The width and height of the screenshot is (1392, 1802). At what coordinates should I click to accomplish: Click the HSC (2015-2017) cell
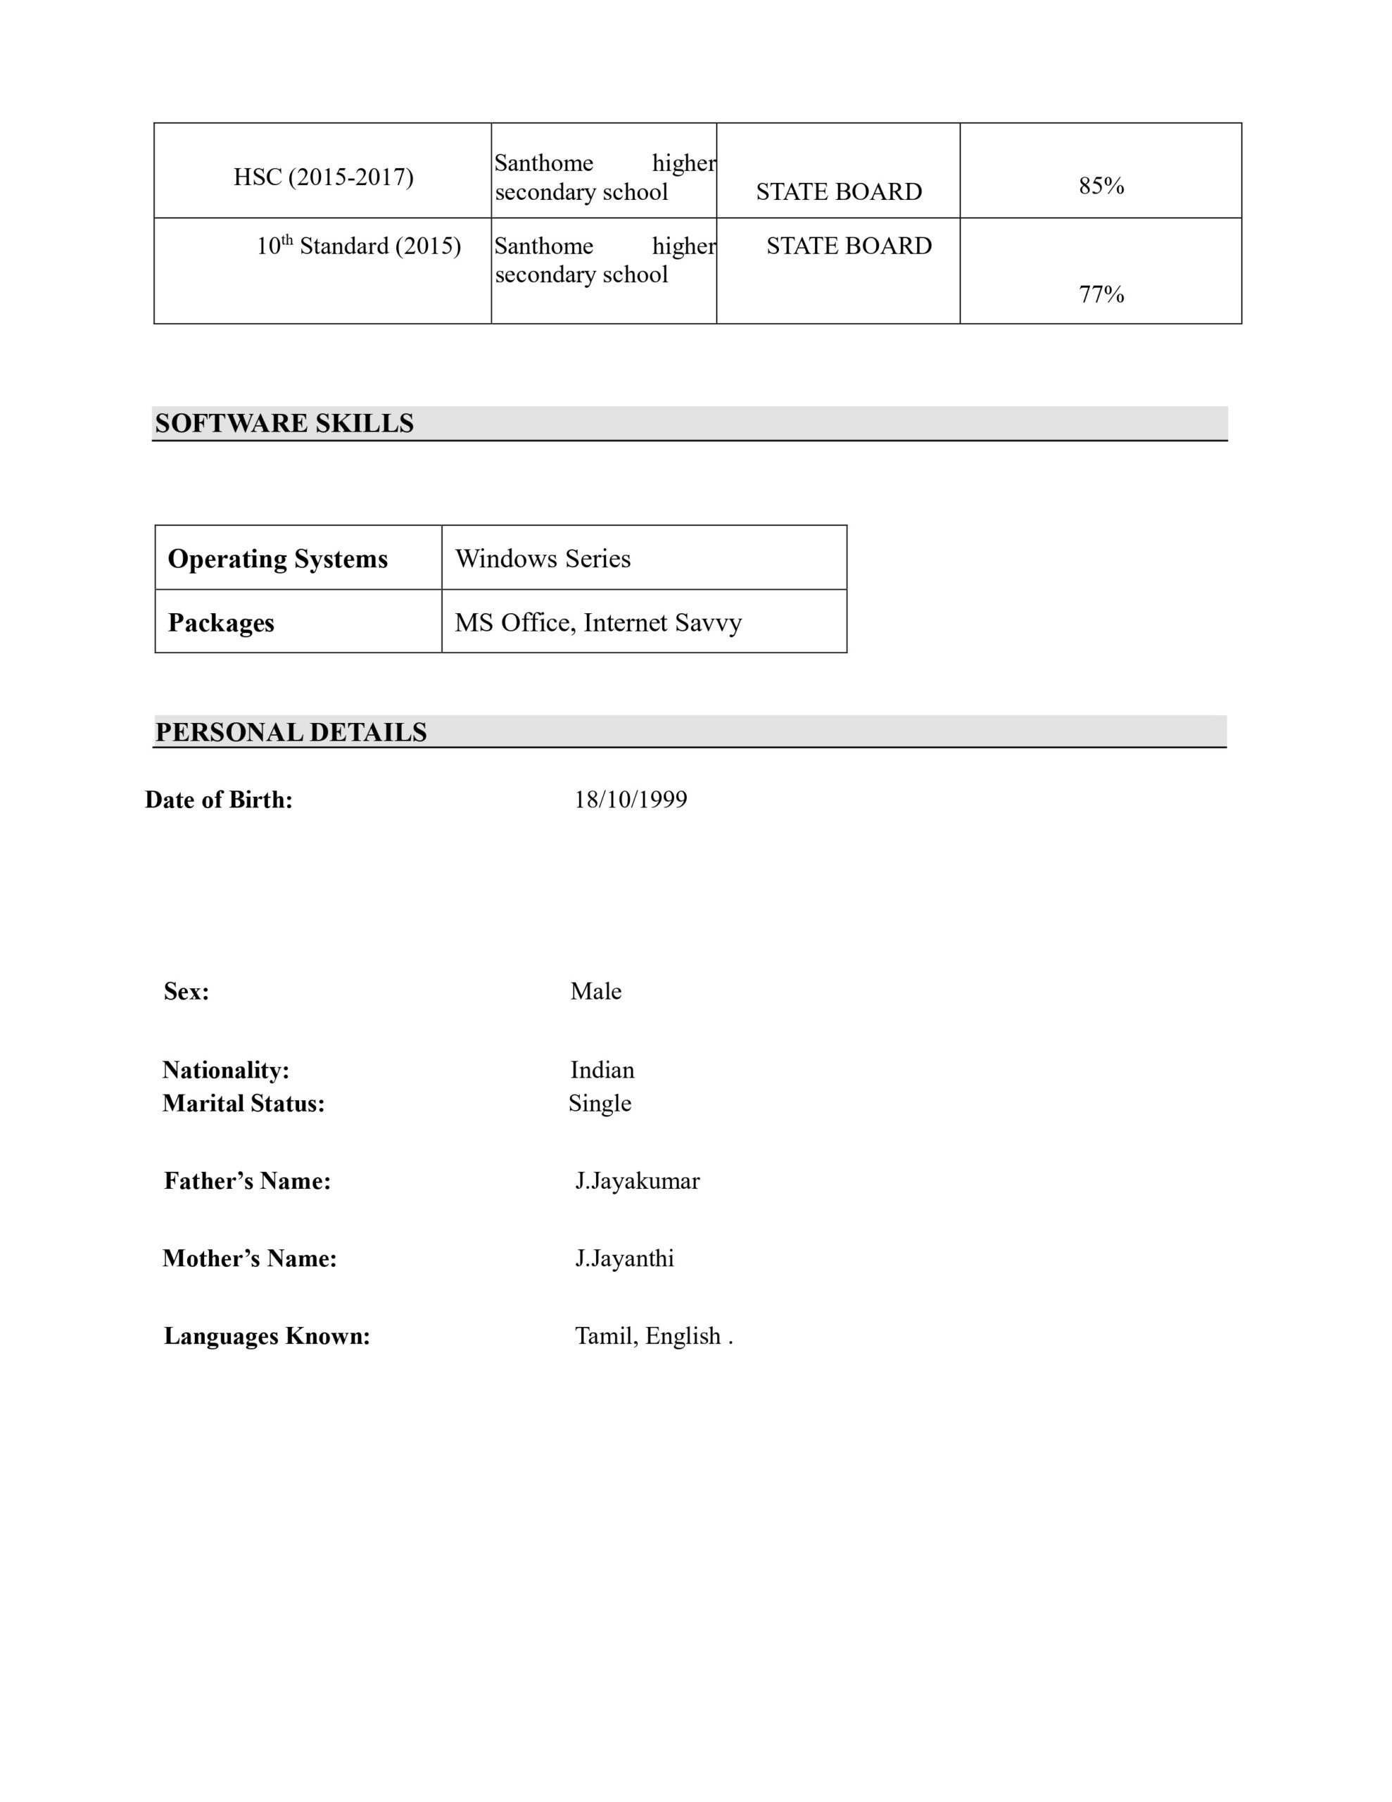click(x=322, y=177)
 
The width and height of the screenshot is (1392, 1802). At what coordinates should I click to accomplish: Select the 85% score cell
click(x=1101, y=186)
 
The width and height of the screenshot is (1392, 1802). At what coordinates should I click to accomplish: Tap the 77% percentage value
click(x=1101, y=294)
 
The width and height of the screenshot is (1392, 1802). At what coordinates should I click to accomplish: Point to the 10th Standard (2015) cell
click(x=358, y=246)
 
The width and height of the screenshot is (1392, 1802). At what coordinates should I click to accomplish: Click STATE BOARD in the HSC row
click(x=838, y=191)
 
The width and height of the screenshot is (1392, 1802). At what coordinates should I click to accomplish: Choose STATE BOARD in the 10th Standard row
click(x=848, y=246)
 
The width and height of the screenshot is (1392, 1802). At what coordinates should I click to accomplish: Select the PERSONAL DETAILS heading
click(x=291, y=732)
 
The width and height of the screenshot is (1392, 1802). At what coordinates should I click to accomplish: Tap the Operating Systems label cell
click(x=277, y=559)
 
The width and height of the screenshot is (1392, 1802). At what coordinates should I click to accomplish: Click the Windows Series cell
click(x=542, y=559)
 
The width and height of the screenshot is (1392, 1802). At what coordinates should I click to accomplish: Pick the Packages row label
click(x=220, y=622)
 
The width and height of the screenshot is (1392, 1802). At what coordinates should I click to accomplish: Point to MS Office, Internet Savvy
click(x=597, y=622)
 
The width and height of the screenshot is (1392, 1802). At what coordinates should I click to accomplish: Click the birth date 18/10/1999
click(x=631, y=799)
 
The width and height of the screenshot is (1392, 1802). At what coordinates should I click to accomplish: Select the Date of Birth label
click(x=219, y=800)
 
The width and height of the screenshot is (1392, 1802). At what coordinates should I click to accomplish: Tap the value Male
click(x=595, y=991)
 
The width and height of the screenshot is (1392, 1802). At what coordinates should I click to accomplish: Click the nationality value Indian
click(x=602, y=1069)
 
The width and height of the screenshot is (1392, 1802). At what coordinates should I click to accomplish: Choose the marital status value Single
click(x=599, y=1103)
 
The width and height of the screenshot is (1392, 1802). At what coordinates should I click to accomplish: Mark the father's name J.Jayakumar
click(x=637, y=1180)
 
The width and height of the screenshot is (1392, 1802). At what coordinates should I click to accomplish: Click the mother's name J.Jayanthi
click(x=624, y=1259)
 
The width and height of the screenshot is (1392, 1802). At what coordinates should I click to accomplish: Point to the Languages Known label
click(x=267, y=1336)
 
